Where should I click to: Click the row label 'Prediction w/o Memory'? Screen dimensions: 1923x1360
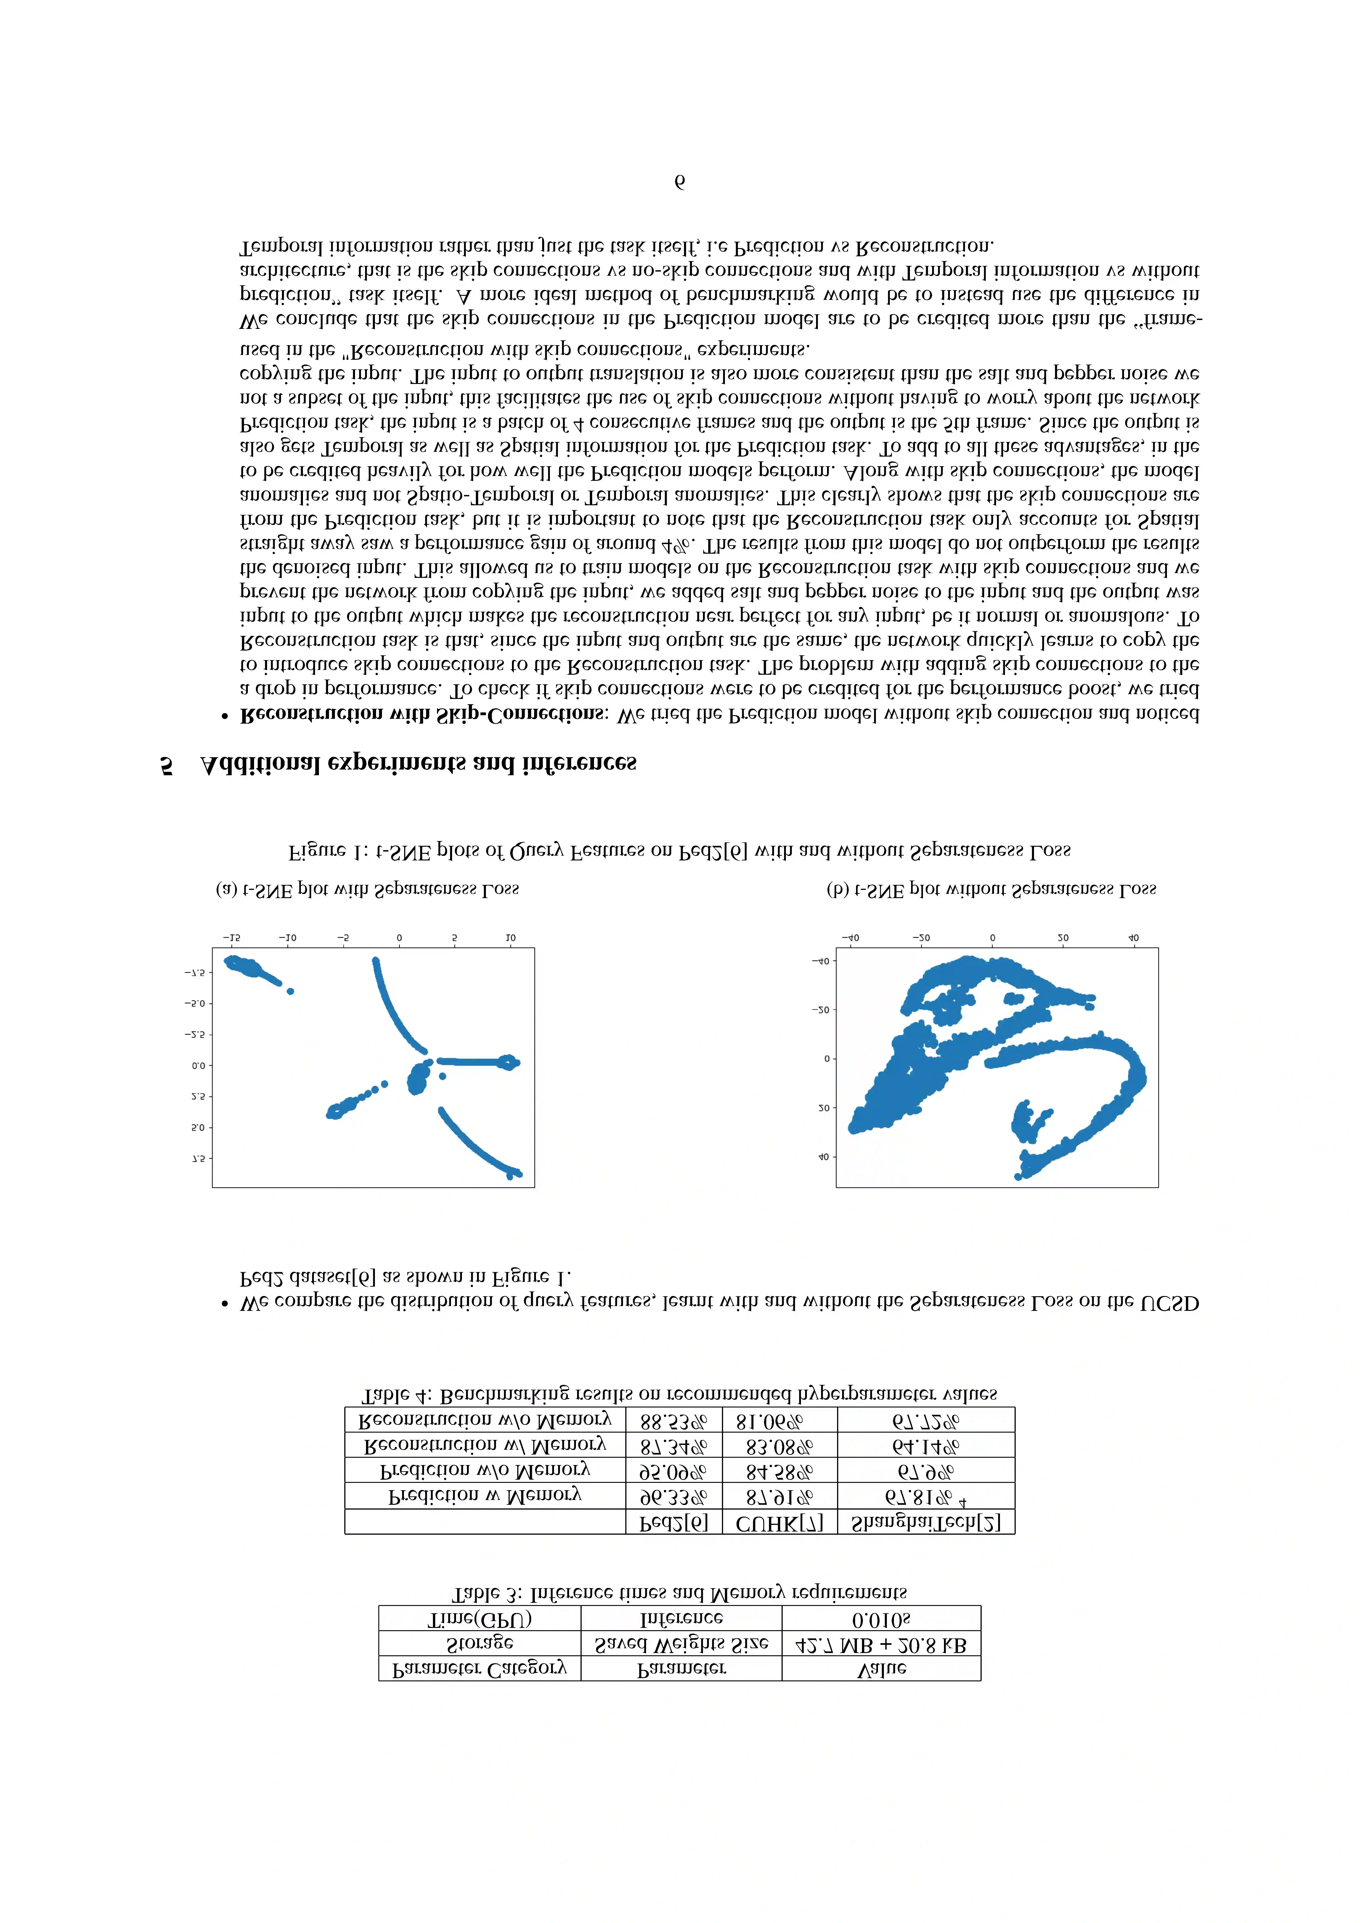485,1471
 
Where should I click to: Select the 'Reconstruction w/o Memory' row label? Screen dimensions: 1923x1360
485,1420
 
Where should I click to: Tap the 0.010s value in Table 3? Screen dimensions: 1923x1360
881,1619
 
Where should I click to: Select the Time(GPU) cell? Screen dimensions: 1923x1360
479,1619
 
